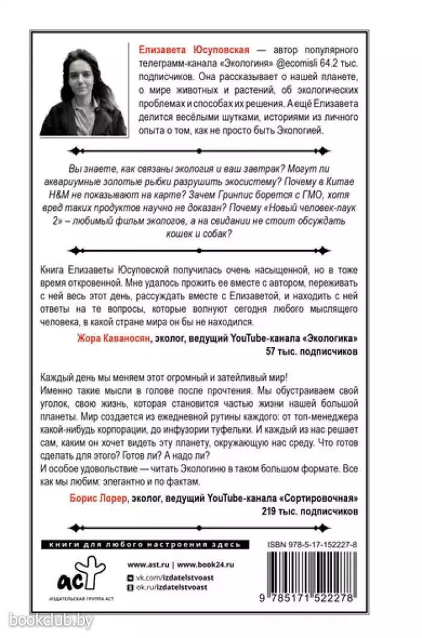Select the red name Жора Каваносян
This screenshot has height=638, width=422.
tap(109, 339)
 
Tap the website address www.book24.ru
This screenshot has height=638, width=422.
tap(206, 565)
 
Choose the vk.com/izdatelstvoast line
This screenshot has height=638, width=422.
tap(175, 577)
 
